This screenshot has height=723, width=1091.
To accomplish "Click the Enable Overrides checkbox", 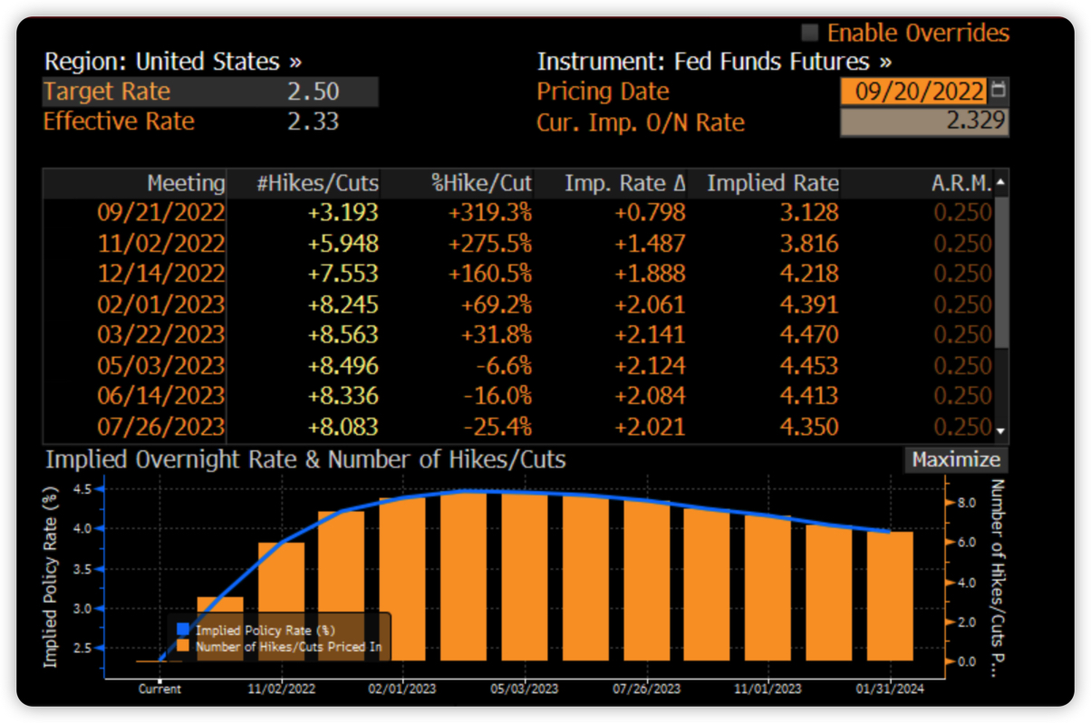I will pos(809,34).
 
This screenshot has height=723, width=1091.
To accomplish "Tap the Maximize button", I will pos(955,459).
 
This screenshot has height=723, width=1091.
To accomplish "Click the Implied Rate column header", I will pos(772,183).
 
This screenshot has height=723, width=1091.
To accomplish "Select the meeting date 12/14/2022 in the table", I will pos(161,274).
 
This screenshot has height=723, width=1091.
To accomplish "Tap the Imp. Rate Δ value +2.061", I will pos(651,304).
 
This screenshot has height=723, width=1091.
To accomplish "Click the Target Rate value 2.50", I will pos(313,92).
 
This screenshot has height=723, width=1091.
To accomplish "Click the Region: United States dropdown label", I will pos(172,62).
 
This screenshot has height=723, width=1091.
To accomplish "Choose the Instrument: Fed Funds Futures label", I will pos(714,62).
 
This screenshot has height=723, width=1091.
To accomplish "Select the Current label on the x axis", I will pos(159,689).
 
